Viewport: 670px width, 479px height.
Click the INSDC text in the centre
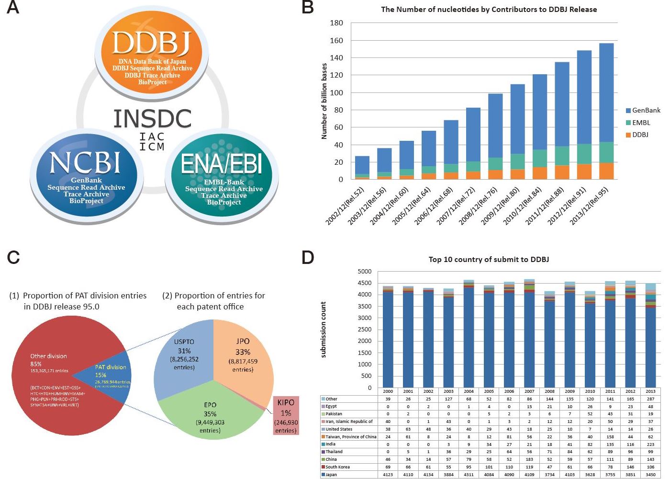click(152, 119)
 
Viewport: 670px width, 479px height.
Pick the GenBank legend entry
click(643, 110)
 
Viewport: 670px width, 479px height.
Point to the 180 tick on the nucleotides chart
click(336, 23)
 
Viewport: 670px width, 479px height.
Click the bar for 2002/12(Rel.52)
click(362, 168)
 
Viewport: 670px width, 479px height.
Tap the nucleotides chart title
click(489, 9)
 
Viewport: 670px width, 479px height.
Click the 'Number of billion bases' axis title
click(324, 101)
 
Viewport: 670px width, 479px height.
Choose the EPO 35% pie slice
click(210, 417)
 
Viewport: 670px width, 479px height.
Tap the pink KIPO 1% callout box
click(286, 415)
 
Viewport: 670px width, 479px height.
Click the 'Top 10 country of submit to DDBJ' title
click(489, 260)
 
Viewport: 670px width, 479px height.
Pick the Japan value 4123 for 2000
click(388, 474)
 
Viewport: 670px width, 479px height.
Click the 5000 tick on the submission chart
click(364, 272)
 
